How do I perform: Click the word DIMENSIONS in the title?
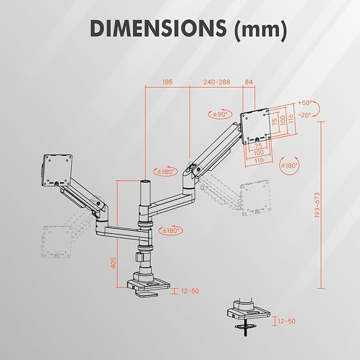point(158,28)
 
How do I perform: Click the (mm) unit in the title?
point(260,29)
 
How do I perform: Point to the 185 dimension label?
point(168,82)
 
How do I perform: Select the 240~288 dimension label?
point(216,82)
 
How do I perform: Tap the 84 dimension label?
point(249,82)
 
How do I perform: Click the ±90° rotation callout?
point(220,114)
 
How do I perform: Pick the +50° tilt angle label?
point(305,103)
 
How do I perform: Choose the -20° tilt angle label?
point(305,115)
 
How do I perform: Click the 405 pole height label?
point(113,263)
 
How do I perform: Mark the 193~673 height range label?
point(317,205)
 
